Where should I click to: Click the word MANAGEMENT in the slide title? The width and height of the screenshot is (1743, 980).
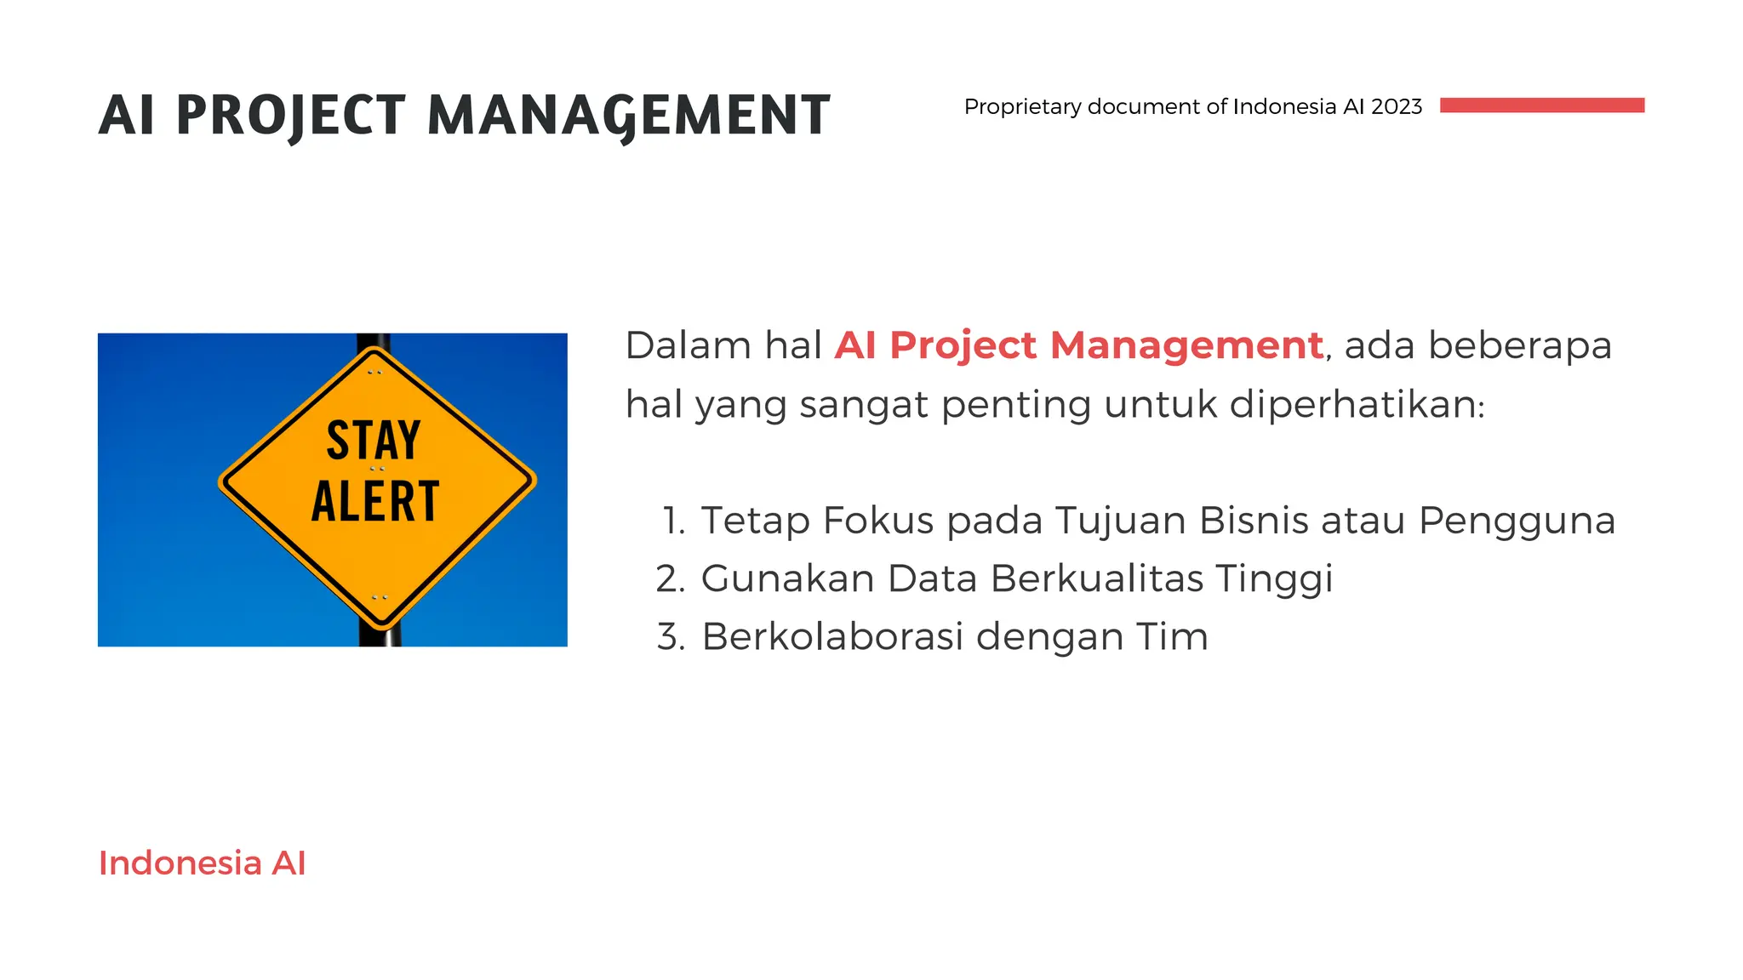(628, 115)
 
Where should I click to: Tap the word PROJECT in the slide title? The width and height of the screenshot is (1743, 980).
(290, 115)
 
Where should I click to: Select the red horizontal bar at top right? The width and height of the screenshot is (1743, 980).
(1541, 105)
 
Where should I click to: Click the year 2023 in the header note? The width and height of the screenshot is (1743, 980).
(1397, 106)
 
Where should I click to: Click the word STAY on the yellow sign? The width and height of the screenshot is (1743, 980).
(374, 440)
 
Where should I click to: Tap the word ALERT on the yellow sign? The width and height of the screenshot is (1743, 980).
(375, 501)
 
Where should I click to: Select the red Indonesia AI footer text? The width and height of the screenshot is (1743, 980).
(202, 863)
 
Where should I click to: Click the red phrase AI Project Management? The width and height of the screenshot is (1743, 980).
(1078, 345)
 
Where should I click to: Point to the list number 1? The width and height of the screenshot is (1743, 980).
(674, 521)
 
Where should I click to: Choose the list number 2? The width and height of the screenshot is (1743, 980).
(671, 578)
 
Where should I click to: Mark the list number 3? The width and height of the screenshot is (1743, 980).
(671, 637)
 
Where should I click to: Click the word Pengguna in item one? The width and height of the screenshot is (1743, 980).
(1517, 521)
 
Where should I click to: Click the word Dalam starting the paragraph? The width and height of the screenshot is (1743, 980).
(688, 345)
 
